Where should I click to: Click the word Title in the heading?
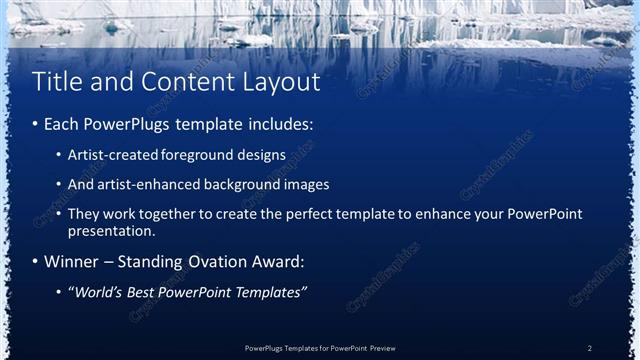tap(56, 81)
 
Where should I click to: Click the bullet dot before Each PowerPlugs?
tap(36, 126)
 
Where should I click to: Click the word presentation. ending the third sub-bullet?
tap(111, 231)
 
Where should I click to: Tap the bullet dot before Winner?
tap(36, 262)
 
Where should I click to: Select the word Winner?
tap(72, 262)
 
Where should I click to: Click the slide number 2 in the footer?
tap(589, 347)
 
